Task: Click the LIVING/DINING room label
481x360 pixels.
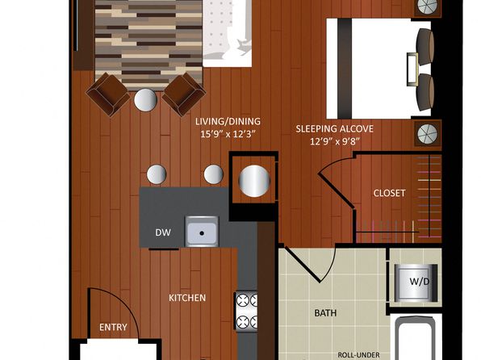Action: pyautogui.click(x=228, y=122)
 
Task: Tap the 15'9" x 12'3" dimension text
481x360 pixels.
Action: pyautogui.click(x=228, y=134)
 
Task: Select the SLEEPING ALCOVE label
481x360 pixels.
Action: pyautogui.click(x=334, y=128)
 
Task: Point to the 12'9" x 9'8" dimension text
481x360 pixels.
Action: pyautogui.click(x=335, y=141)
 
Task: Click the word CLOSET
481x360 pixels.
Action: pyautogui.click(x=389, y=193)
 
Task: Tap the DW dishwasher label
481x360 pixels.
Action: pyautogui.click(x=163, y=232)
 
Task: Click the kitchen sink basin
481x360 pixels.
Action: pyautogui.click(x=202, y=232)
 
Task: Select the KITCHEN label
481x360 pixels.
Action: pyautogui.click(x=187, y=298)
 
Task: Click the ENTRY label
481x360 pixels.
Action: pyautogui.click(x=113, y=327)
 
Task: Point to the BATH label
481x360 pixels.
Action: pyautogui.click(x=326, y=313)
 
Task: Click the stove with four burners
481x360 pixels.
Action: pyautogui.click(x=246, y=312)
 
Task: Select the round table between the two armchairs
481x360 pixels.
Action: pyautogui.click(x=146, y=100)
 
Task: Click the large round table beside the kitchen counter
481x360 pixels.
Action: pyautogui.click(x=254, y=181)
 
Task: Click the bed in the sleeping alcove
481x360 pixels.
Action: pyautogui.click(x=379, y=69)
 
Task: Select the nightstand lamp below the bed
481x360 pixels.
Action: pyautogui.click(x=428, y=133)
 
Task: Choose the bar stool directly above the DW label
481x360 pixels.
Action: pyautogui.click(x=157, y=174)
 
